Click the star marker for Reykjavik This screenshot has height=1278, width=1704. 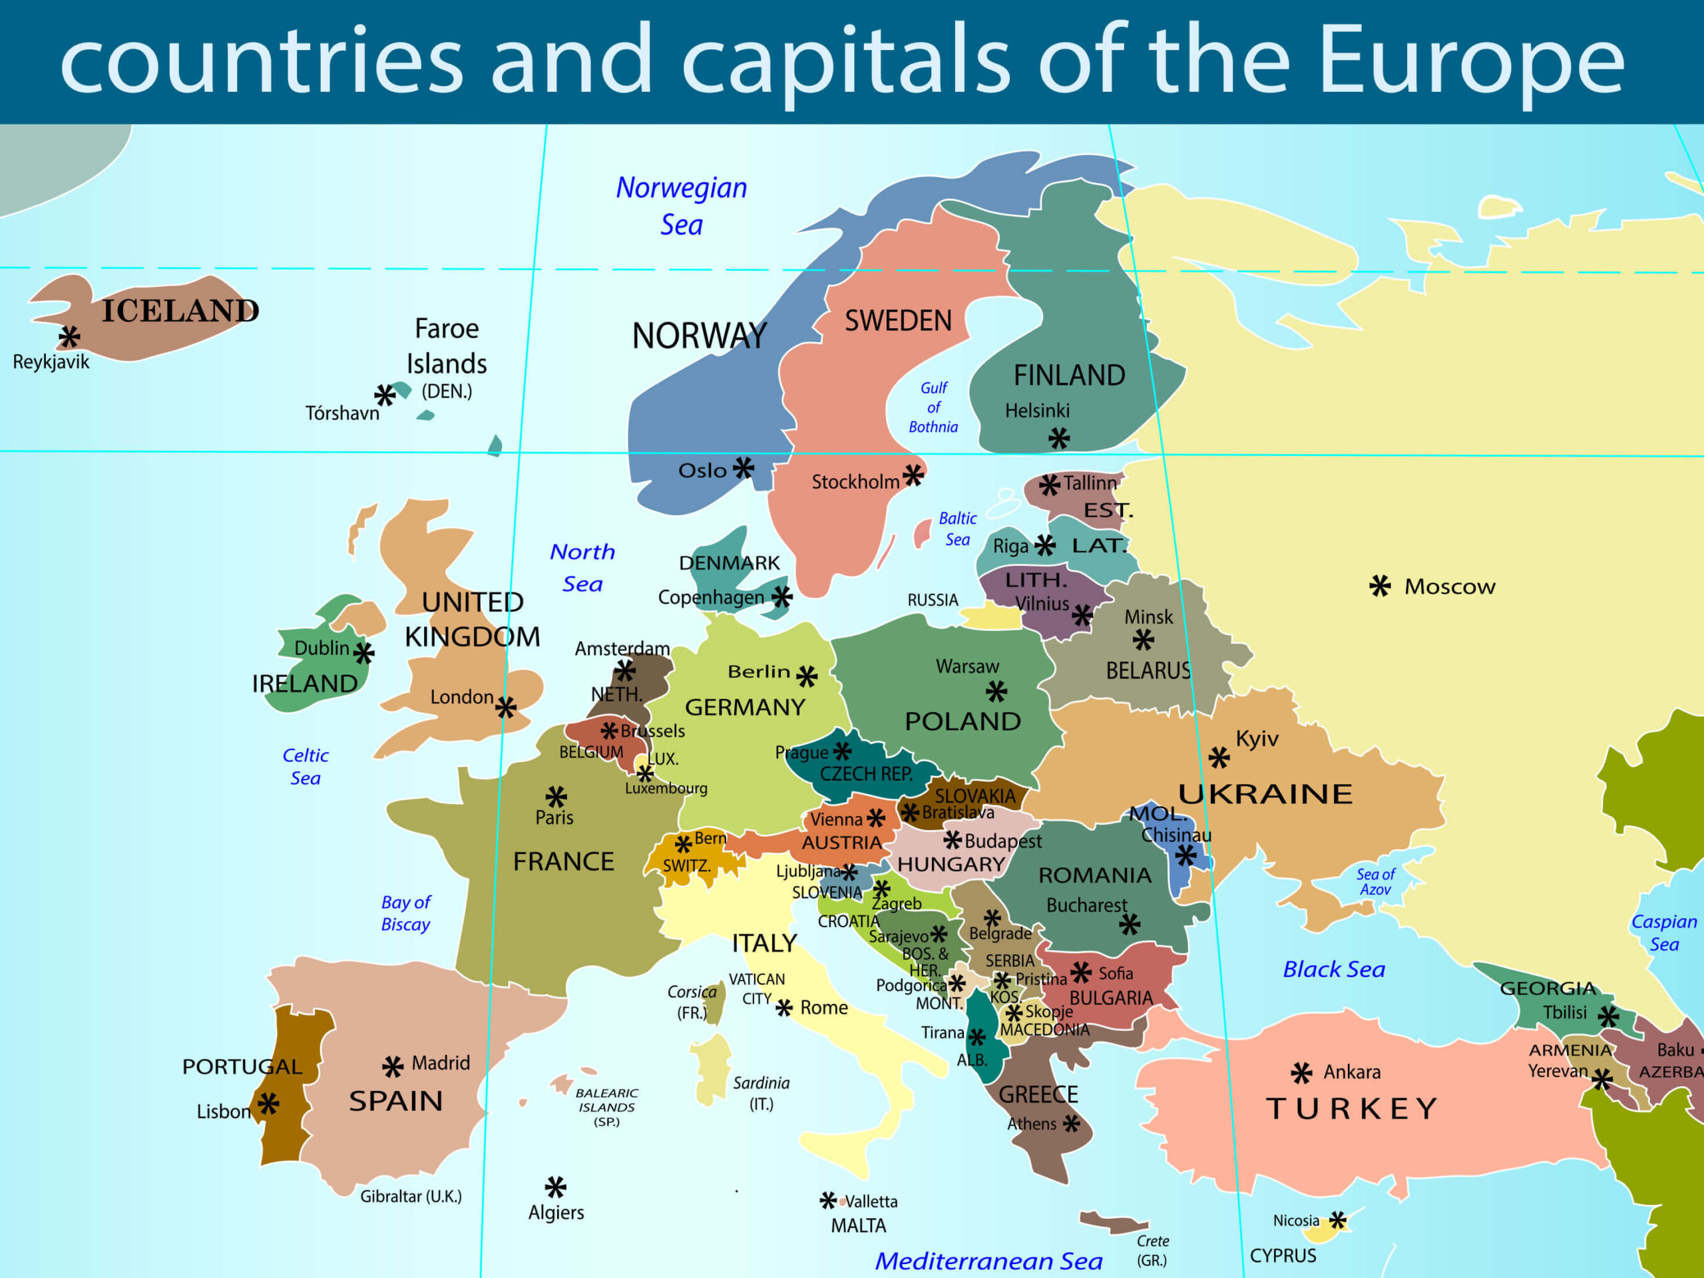(69, 337)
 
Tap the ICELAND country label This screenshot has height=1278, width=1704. (180, 310)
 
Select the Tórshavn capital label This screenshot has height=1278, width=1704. (342, 413)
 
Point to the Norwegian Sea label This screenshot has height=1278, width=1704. (681, 206)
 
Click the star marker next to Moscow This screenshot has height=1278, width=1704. (1380, 586)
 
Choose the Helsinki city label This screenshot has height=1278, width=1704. (1037, 411)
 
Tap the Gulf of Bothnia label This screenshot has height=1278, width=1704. (933, 407)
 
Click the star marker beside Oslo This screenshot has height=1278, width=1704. (744, 467)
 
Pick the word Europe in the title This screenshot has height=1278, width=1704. (1471, 60)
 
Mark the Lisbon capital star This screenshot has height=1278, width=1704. (268, 1104)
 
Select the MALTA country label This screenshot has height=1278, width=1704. (858, 1225)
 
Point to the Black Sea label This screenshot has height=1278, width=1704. (1333, 969)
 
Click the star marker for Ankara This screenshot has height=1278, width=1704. (1302, 1072)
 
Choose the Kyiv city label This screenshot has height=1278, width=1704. (1257, 739)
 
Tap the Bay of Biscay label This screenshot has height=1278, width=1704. (405, 913)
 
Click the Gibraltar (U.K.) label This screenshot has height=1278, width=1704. (411, 1196)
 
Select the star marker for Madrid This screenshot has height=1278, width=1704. (393, 1066)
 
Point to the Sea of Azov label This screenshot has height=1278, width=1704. (1375, 882)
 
